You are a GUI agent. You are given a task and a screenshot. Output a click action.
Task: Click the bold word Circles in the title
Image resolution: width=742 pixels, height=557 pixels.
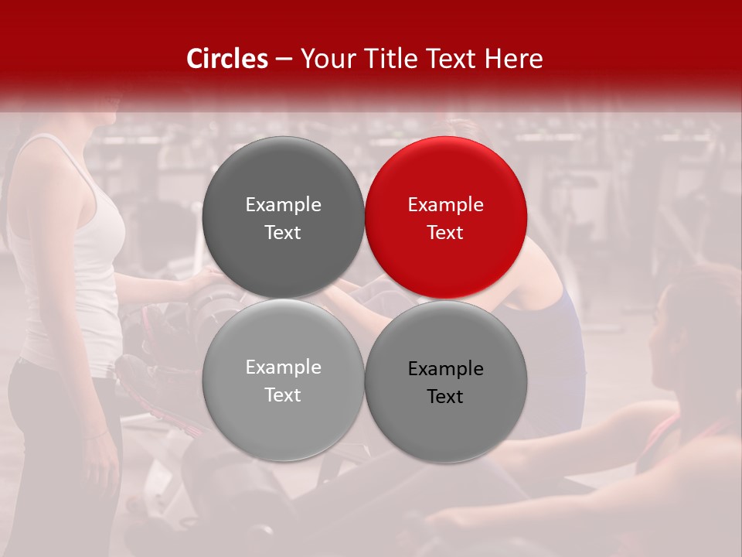pyautogui.click(x=226, y=59)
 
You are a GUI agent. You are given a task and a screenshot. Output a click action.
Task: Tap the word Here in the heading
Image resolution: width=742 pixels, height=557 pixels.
pyautogui.click(x=515, y=59)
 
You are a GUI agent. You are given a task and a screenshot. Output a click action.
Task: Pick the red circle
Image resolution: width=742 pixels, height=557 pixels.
pyautogui.click(x=446, y=217)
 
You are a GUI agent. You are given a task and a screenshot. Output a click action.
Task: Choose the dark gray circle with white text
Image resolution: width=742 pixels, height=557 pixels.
pyautogui.click(x=283, y=217)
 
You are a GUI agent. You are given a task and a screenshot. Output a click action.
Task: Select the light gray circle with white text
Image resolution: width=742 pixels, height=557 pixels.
pyautogui.click(x=283, y=380)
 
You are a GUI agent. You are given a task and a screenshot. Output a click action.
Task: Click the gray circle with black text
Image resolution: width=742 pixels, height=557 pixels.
pyautogui.click(x=446, y=381)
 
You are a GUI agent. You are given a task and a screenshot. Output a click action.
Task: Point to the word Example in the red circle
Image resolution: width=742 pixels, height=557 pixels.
pyautogui.click(x=445, y=205)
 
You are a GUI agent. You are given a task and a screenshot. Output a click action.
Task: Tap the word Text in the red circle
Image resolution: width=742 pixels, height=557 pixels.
pyautogui.click(x=445, y=233)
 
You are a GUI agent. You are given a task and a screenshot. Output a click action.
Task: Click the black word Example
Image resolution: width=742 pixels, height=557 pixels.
pyautogui.click(x=445, y=369)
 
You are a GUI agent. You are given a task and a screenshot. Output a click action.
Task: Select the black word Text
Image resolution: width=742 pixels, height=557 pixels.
pyautogui.click(x=445, y=397)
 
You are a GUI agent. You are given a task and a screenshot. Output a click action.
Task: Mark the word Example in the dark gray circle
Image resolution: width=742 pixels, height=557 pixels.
pyautogui.click(x=283, y=205)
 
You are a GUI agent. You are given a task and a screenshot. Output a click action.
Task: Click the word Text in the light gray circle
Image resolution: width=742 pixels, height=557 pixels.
pyautogui.click(x=283, y=395)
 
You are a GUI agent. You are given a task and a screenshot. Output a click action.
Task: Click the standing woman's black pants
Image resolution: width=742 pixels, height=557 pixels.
pyautogui.click(x=62, y=449)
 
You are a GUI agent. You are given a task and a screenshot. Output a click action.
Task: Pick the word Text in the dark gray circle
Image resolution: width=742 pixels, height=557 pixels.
pyautogui.click(x=283, y=233)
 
